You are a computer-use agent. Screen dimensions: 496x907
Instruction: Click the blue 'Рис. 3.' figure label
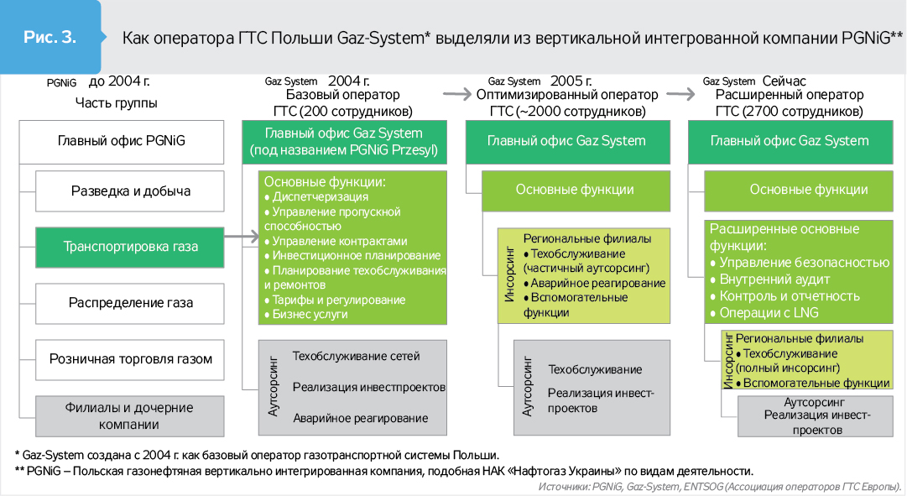[x=50, y=38]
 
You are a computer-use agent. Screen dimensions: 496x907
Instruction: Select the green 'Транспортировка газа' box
[x=130, y=247]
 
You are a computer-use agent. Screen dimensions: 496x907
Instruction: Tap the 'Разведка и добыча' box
[x=130, y=191]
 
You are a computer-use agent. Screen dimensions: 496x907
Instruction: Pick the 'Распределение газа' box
[x=130, y=302]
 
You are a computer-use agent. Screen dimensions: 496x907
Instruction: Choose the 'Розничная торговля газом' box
[x=130, y=359]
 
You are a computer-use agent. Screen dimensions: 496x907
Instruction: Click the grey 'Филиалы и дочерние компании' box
[x=130, y=415]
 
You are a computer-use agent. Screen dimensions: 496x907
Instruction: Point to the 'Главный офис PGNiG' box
[x=122, y=141]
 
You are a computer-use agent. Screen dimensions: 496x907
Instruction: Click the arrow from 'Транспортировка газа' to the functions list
[x=242, y=238]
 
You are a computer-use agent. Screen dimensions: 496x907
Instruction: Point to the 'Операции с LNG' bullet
[x=769, y=313]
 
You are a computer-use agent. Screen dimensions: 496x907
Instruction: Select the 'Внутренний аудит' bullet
[x=774, y=279]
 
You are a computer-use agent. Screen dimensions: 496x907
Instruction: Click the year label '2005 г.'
[x=571, y=81]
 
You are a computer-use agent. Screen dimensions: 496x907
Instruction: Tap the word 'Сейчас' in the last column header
[x=784, y=81]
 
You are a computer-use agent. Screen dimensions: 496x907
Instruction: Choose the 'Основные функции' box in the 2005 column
[x=575, y=190]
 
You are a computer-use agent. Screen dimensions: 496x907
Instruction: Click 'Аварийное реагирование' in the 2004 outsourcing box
[x=360, y=418]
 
